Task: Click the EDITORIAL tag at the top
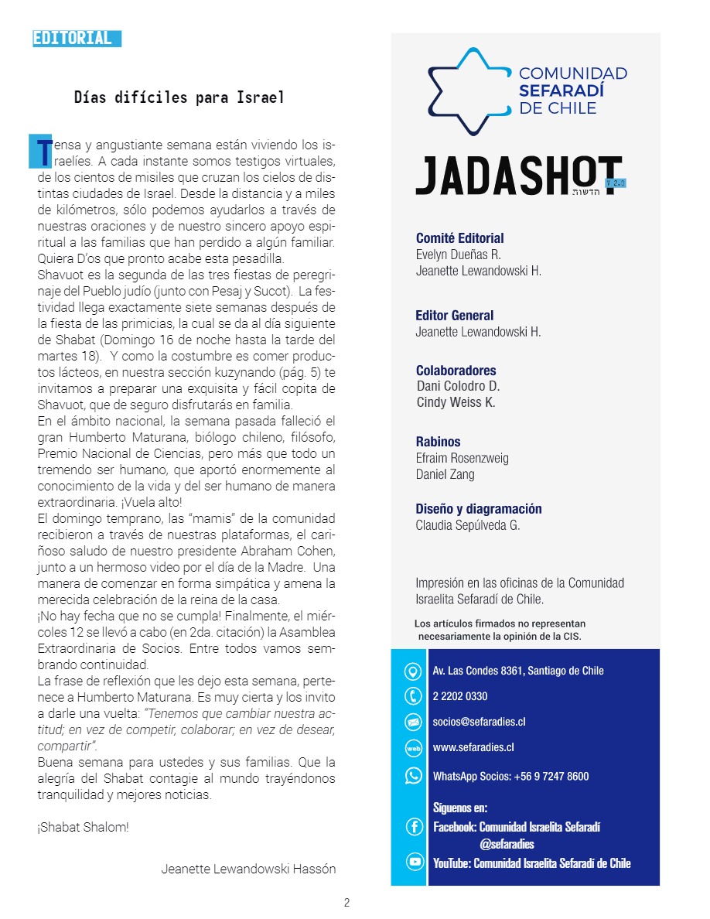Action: coord(76,39)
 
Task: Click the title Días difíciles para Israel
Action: coord(179,97)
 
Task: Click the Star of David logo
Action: coord(469,91)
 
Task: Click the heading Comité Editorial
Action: coord(459,238)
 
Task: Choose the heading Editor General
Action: coord(454,316)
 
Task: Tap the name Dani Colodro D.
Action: coord(458,386)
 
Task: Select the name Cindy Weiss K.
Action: coord(456,402)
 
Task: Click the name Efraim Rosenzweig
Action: coord(463,458)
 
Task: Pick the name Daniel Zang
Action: coord(445,474)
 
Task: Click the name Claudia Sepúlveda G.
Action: coord(468,526)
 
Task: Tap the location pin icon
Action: coord(414,671)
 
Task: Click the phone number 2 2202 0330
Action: coord(460,696)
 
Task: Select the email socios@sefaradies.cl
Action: coord(480,722)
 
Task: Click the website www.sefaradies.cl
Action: coord(473,747)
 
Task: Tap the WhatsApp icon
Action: coord(414,776)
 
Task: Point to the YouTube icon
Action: coord(414,863)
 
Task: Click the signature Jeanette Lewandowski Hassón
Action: coord(248,869)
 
